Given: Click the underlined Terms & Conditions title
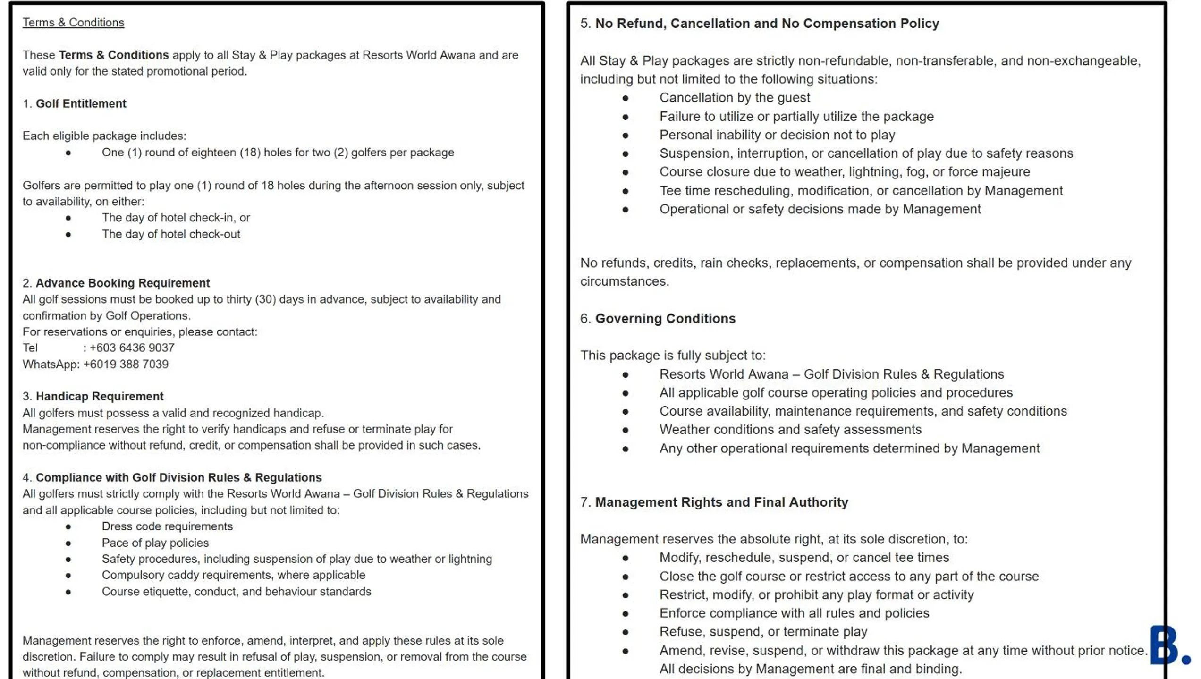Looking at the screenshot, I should [73, 23].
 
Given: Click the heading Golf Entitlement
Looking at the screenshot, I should [81, 103].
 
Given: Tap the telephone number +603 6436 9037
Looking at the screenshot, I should [132, 348].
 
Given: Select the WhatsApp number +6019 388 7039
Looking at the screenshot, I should [126, 364].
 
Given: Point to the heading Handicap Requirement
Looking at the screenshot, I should [99, 396].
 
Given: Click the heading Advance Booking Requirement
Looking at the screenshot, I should [122, 283].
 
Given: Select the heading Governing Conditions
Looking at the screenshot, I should [665, 318].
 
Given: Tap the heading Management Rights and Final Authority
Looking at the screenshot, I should [721, 502].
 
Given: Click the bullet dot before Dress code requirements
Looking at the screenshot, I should [68, 526].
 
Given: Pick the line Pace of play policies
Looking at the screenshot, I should [155, 543].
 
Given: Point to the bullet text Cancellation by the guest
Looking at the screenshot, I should [734, 98].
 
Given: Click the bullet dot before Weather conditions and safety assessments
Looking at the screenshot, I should [626, 430].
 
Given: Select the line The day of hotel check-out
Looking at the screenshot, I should [171, 234].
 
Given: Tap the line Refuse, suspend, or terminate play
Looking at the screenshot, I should [763, 632].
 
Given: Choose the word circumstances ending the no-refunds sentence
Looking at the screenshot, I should [624, 281].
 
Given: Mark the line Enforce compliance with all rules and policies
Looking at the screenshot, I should [794, 613].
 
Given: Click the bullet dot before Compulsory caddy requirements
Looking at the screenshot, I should [68, 576].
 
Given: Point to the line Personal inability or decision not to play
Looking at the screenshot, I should [777, 135].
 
